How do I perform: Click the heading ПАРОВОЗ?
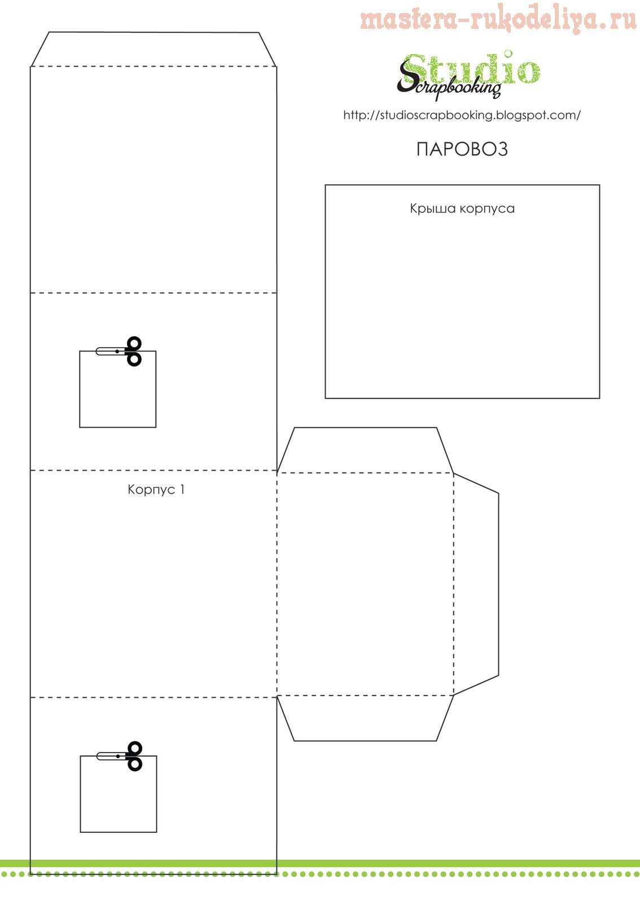click(x=462, y=149)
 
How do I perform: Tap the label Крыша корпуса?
click(x=462, y=208)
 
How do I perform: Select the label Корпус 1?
click(x=156, y=489)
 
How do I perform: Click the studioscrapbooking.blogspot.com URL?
click(x=462, y=115)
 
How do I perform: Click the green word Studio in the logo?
click(x=472, y=69)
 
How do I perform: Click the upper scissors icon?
click(x=119, y=351)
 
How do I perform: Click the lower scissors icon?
click(x=120, y=756)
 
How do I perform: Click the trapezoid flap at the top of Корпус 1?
click(x=154, y=49)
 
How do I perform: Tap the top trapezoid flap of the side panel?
click(x=365, y=450)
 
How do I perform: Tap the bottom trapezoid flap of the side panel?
click(x=365, y=718)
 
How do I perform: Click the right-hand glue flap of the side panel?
click(x=476, y=584)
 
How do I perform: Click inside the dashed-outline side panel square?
click(x=365, y=584)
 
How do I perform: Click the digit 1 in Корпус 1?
click(x=182, y=489)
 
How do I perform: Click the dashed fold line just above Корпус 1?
click(x=154, y=470)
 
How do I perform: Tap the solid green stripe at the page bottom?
click(x=320, y=863)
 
